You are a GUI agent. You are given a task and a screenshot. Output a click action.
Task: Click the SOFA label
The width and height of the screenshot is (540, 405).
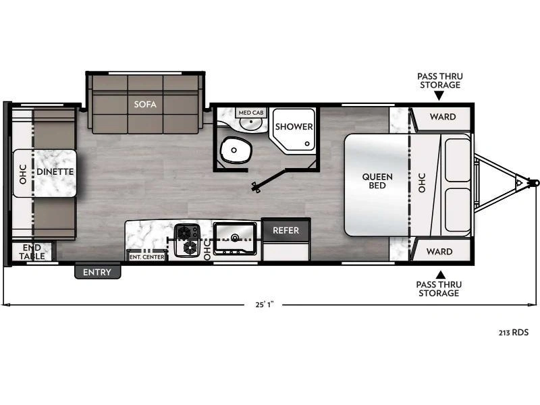coord(145,104)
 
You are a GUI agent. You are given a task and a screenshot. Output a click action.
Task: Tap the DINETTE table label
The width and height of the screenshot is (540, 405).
coord(55,171)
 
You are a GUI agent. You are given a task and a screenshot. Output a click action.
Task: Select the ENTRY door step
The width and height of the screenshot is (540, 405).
coord(97,272)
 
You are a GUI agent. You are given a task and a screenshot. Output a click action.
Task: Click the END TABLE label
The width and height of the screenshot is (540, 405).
coord(32,252)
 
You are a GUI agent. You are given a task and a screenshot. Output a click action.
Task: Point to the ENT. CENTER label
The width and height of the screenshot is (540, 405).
coord(146,256)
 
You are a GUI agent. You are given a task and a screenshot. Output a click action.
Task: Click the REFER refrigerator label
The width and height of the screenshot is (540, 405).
coord(286,230)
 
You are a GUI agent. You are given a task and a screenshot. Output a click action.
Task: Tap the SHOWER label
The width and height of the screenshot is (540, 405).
coord(294,126)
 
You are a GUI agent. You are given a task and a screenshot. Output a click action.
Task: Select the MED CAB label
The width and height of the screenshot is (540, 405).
coord(250,112)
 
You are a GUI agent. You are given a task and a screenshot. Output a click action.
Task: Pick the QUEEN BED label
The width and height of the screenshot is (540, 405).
coord(377,181)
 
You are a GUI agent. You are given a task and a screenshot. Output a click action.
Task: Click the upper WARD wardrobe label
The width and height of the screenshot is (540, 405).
coord(442,117)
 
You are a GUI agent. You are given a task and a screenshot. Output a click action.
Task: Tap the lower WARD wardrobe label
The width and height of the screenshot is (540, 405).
coord(439,252)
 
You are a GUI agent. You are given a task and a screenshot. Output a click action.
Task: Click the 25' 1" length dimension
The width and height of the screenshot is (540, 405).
coord(263,304)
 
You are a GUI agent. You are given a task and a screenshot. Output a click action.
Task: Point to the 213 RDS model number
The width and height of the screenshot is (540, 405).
coord(514,332)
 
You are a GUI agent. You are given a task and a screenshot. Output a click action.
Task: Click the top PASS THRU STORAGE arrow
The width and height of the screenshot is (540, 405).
coord(439,95)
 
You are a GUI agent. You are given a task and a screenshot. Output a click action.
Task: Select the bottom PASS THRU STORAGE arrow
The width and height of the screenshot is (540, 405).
coord(439,274)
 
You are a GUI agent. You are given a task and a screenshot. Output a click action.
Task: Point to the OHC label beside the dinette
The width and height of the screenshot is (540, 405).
coord(22,174)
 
